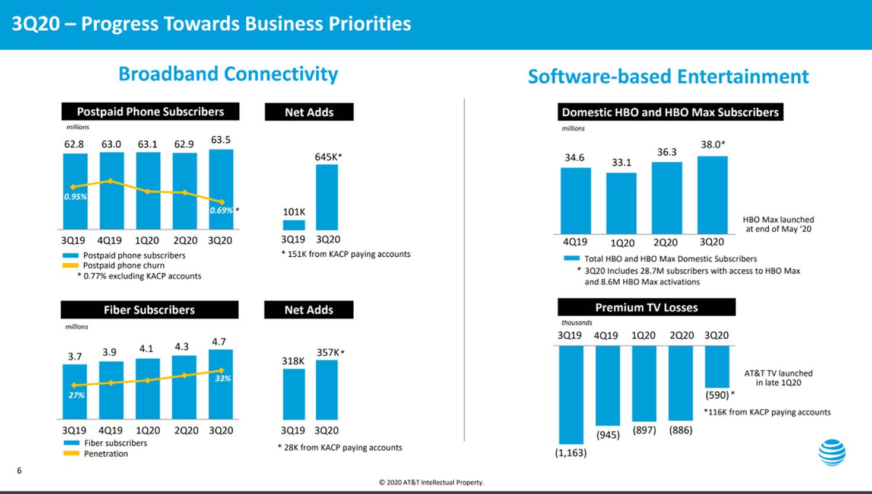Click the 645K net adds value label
coord(327,157)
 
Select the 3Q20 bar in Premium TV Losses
coord(717,366)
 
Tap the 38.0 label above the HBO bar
coord(712,145)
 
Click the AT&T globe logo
coord(832,452)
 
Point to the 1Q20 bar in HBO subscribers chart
coord(621,203)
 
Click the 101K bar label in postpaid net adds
coord(294,212)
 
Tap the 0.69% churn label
coord(221,211)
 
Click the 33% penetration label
coord(223,378)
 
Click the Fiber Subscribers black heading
coord(150,310)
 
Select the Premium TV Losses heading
coord(646,307)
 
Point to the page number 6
coord(20,470)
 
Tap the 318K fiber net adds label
coord(293,361)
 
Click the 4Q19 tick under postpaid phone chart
coord(109,241)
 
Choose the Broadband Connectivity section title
coord(228,74)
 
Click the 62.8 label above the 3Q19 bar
coord(74,144)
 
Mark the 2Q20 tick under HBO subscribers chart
coord(665,243)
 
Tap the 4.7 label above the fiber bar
coord(218,342)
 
